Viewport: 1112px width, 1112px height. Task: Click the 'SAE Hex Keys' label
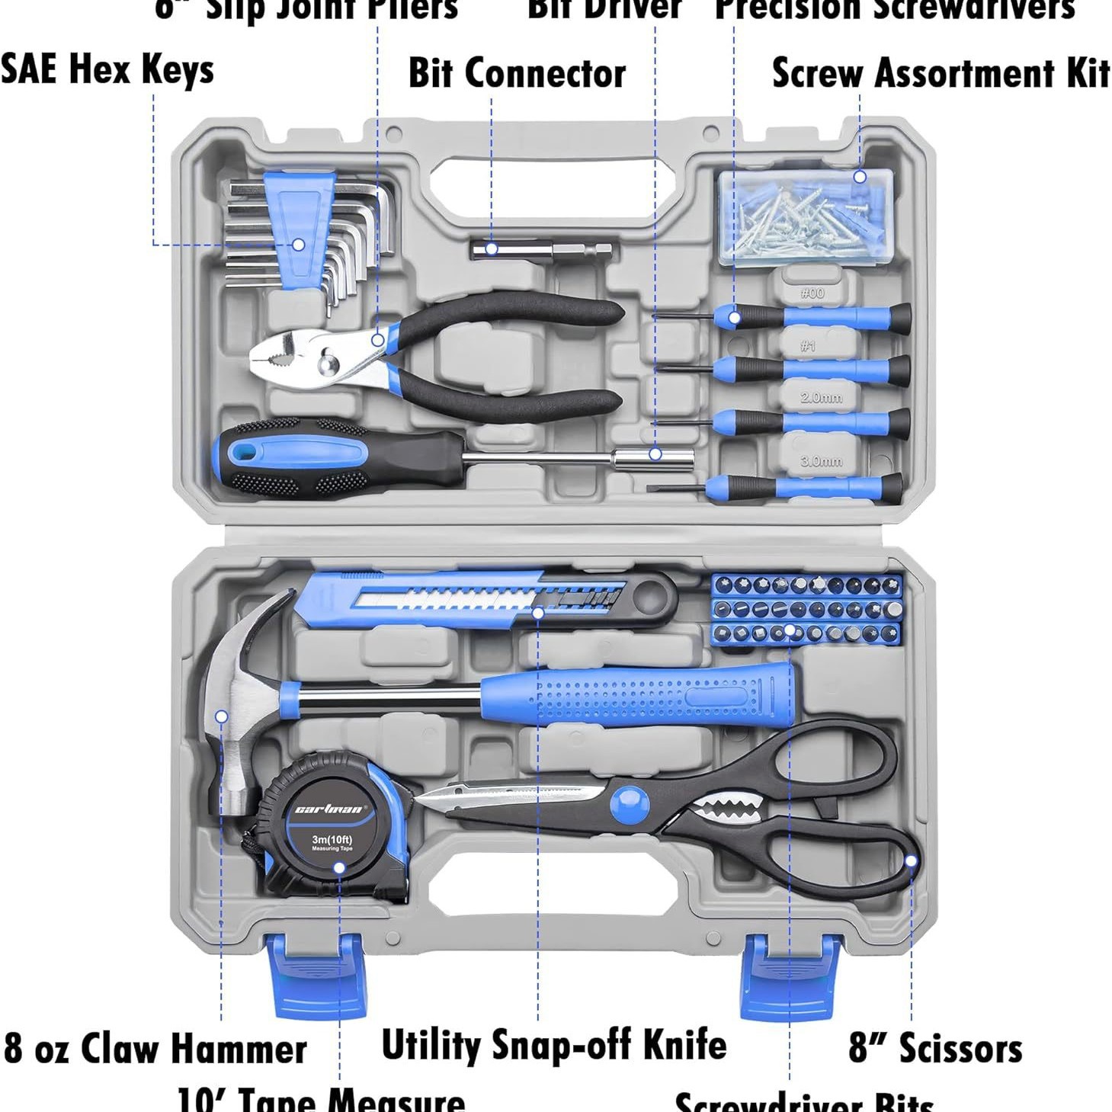tap(107, 69)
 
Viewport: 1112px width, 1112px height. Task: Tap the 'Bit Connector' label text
tap(517, 74)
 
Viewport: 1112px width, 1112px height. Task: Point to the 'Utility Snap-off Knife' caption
tap(553, 1044)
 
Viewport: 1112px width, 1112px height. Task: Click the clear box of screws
tap(805, 217)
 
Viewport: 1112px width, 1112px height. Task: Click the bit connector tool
tap(542, 248)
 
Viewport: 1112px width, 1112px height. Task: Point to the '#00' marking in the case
tap(812, 293)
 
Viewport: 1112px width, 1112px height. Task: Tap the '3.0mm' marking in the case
tap(821, 461)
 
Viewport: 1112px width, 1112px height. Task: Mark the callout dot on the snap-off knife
tap(538, 612)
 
